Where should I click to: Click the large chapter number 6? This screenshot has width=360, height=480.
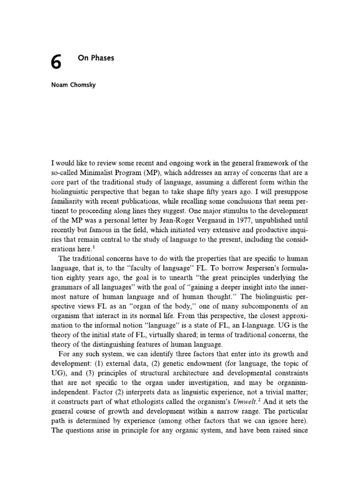click(x=56, y=62)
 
